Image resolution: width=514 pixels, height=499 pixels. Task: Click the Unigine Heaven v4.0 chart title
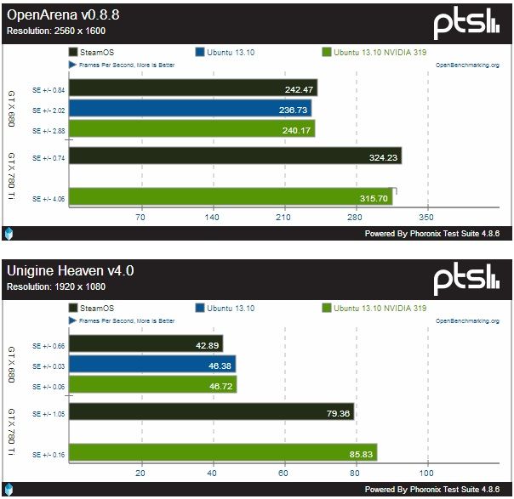[71, 271]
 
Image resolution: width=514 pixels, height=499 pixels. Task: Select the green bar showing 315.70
[230, 197]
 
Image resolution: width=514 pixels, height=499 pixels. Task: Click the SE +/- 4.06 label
[49, 198]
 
